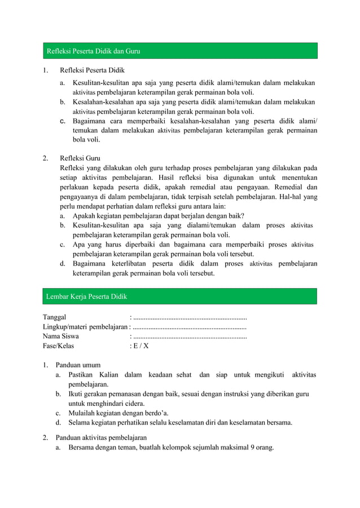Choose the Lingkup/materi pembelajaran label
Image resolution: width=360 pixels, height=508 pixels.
click(x=85, y=327)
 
